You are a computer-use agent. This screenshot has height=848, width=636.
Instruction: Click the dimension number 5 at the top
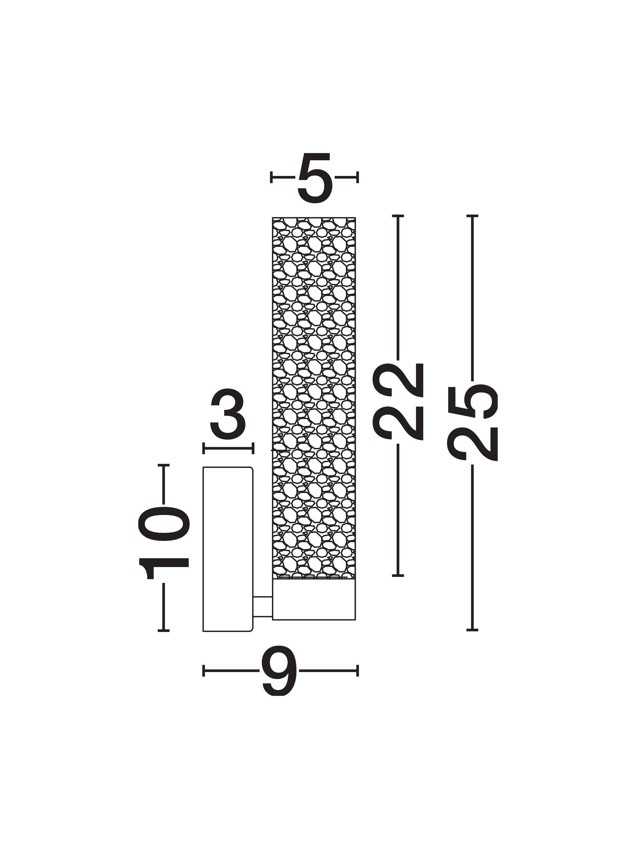(314, 177)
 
